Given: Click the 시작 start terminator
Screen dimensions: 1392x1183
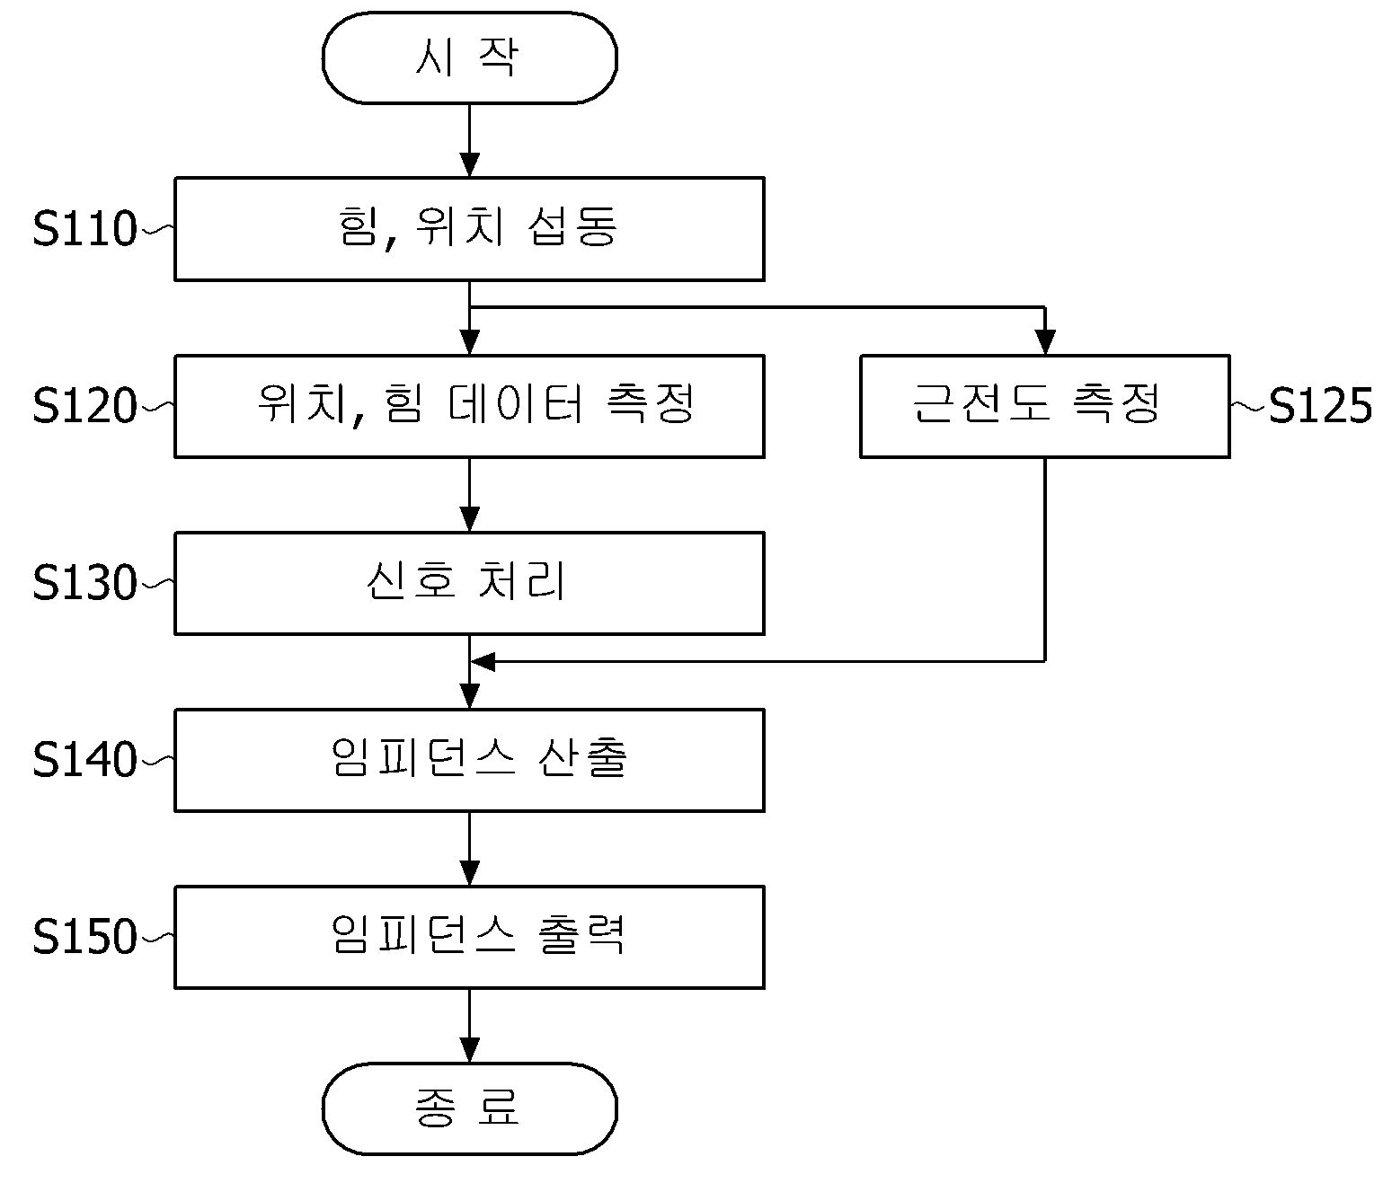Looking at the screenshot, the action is [469, 57].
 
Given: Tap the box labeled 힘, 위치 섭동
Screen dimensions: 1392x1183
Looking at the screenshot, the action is [469, 229].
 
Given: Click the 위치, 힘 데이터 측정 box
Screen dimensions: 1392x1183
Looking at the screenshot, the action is [469, 406].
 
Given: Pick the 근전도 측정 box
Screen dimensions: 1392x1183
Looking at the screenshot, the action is [1044, 406].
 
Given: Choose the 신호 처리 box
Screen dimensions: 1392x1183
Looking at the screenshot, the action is [469, 583].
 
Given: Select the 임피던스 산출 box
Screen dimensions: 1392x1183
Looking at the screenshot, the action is [469, 760].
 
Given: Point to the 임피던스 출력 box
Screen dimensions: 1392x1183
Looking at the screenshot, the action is [469, 937].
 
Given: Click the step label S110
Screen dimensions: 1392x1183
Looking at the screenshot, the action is [84, 229].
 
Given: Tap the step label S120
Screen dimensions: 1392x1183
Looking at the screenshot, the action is [84, 406].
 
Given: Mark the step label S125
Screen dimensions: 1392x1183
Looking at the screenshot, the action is [1320, 406].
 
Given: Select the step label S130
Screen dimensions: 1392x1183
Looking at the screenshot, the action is [84, 583].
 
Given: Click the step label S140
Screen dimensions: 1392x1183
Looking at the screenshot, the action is [84, 760].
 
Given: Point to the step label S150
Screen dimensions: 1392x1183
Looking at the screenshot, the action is [84, 937].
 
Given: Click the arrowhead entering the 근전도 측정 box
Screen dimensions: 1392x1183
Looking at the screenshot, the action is [1044, 343].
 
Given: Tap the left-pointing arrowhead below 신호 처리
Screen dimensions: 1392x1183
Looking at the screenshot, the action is [483, 662].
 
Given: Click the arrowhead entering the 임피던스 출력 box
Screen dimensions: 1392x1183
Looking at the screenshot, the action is [469, 874].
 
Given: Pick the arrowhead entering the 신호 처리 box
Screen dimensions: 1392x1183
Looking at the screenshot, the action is [469, 520].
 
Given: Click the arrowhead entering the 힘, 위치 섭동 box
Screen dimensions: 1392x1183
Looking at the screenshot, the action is [469, 165].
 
